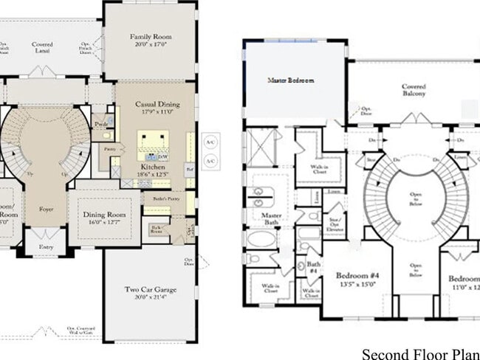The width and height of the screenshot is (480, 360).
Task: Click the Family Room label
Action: tap(151, 36)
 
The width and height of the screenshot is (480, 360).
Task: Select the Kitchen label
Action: tap(152, 167)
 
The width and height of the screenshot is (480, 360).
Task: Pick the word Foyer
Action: tap(47, 209)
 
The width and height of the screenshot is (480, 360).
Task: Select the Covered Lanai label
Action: tap(42, 45)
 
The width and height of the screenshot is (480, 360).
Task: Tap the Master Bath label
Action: tap(270, 218)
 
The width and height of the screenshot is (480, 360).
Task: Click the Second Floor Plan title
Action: tap(419, 353)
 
